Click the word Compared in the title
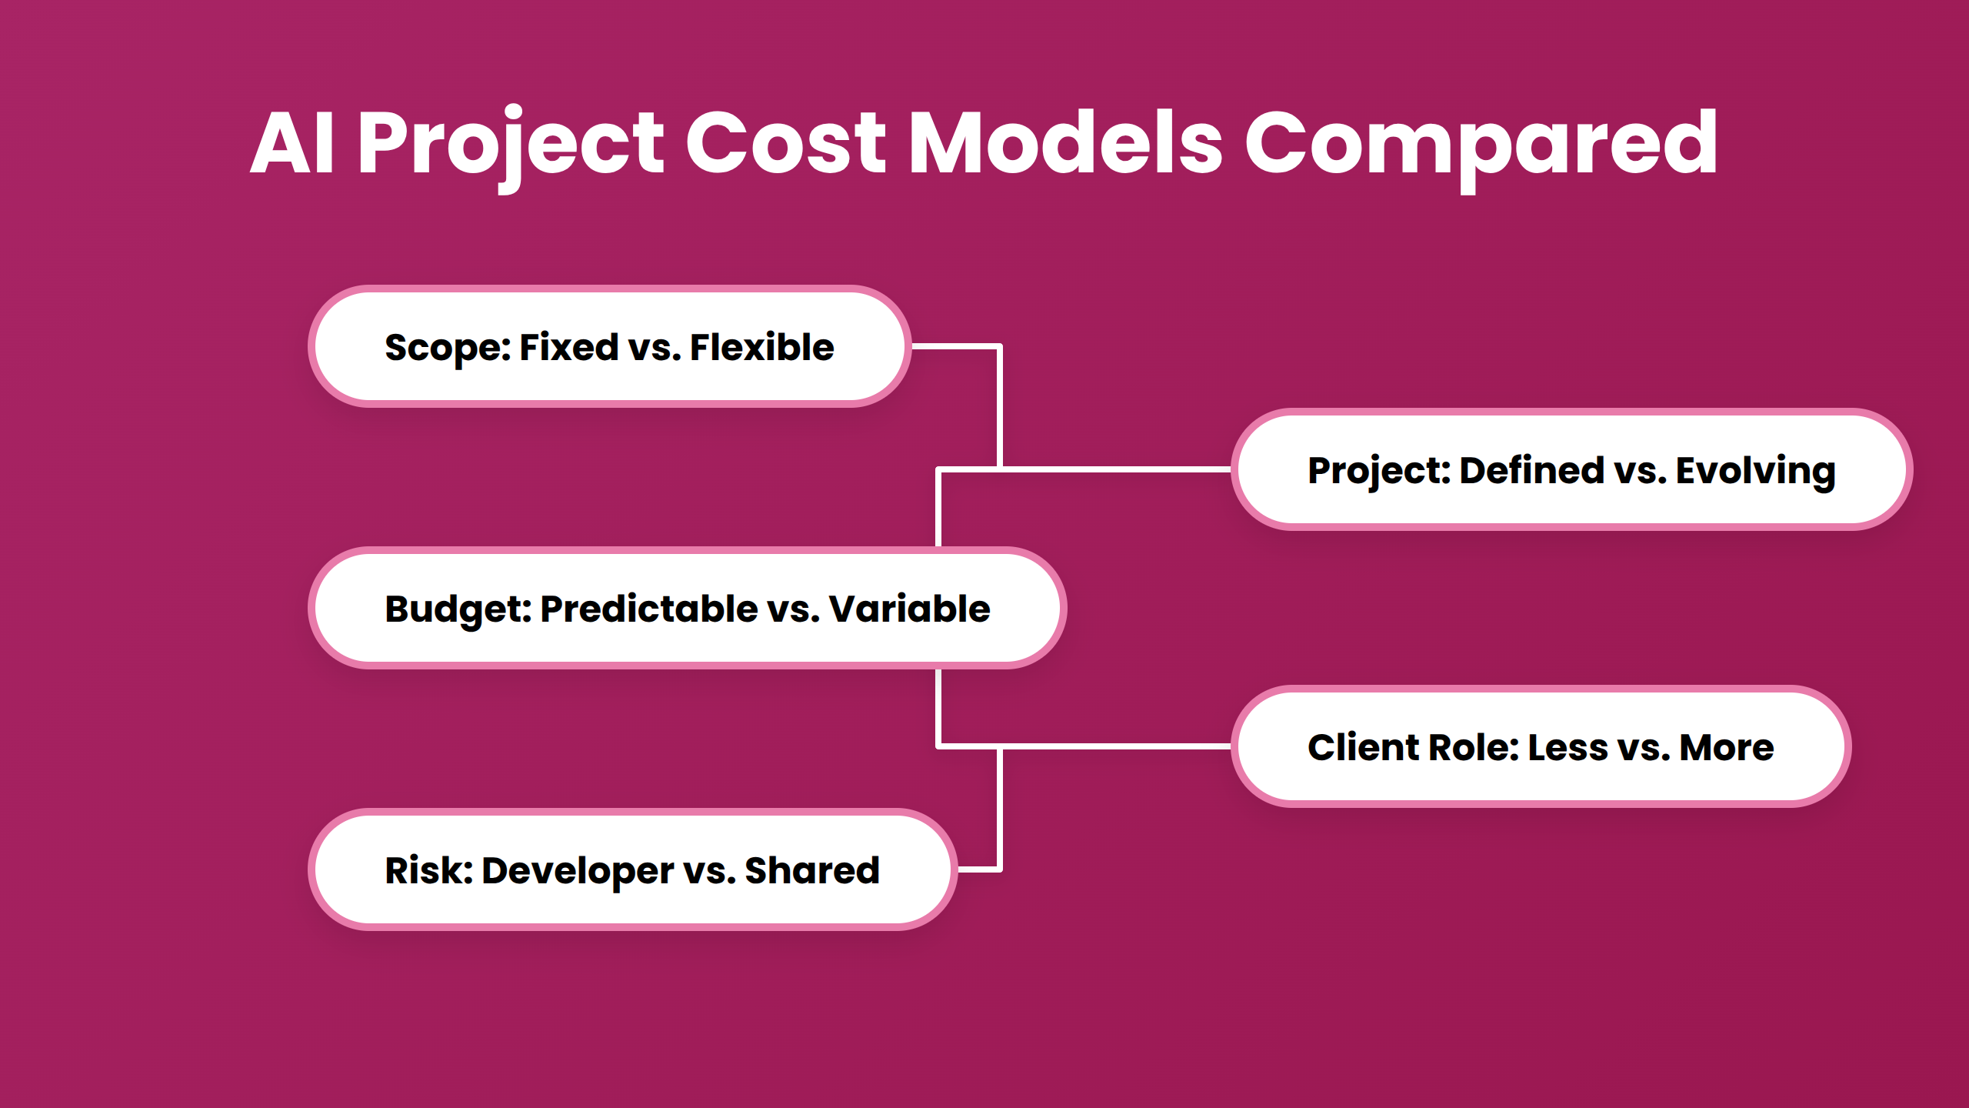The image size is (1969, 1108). point(1481,143)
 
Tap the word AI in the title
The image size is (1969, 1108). point(293,143)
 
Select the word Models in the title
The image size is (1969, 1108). point(1065,143)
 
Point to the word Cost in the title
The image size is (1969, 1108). point(785,143)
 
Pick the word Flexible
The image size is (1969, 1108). point(761,348)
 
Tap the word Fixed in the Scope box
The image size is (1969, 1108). point(568,348)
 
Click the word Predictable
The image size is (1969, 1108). point(649,609)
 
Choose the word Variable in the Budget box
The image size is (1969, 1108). point(909,609)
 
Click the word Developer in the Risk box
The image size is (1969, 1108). point(578,871)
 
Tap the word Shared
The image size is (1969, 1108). point(811,871)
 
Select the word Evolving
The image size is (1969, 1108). point(1755,471)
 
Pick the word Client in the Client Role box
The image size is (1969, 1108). point(1364,748)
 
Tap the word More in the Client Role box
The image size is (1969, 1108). point(1726,748)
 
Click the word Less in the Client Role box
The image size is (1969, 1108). point(1567,748)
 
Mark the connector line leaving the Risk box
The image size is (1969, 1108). point(978,869)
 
